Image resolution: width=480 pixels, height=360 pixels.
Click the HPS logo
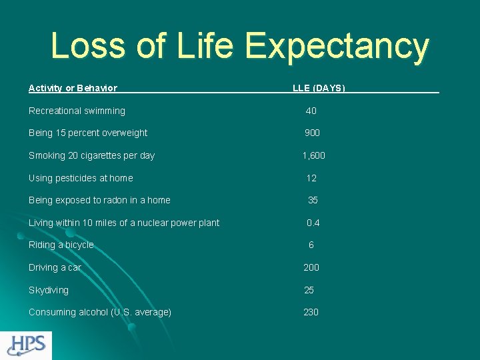pos(26,345)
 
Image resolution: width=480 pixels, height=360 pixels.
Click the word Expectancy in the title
pos(337,47)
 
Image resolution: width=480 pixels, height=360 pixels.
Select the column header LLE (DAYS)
pos(319,88)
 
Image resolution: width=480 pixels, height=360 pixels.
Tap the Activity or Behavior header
pos(73,88)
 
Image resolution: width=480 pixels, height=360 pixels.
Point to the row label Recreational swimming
pos(77,111)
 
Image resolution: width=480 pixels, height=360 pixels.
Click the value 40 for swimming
pos(311,111)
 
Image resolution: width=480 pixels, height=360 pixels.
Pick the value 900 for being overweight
pos(312,133)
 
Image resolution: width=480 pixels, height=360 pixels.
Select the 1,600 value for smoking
pos(313,155)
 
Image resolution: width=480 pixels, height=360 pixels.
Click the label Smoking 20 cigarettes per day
pos(91,155)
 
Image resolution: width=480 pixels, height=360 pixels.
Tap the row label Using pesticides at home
pos(81,178)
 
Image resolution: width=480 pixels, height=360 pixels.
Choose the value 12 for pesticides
pos(311,178)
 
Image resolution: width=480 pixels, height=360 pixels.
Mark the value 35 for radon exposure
pos(313,200)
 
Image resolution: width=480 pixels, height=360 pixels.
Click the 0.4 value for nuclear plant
pos(313,223)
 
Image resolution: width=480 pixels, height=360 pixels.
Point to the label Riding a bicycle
pos(61,245)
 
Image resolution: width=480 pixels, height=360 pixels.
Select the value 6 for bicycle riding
pos(311,245)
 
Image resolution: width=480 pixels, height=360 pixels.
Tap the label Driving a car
pos(55,267)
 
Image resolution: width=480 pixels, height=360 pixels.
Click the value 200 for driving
pos(311,267)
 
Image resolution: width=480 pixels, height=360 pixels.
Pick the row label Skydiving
pos(49,290)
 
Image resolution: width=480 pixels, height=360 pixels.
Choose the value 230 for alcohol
pos(311,312)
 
